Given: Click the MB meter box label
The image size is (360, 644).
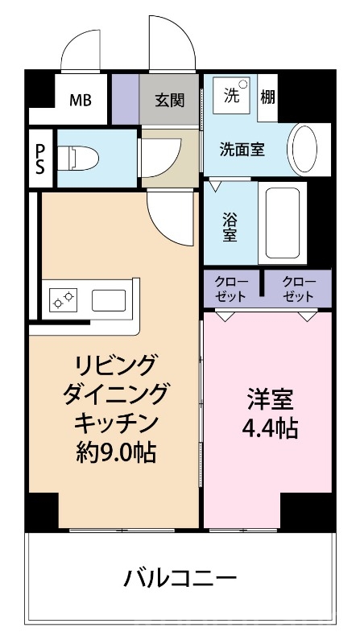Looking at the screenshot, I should point(80,101).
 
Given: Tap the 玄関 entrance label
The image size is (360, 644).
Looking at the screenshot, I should point(169,101).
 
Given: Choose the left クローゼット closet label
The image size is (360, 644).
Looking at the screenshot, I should point(231,289).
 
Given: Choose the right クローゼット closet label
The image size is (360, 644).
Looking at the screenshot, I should point(298,289).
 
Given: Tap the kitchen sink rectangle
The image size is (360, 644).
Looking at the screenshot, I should point(109,301).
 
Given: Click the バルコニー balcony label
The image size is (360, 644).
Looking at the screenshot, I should point(180,577).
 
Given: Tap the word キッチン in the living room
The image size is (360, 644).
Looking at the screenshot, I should point(115,423).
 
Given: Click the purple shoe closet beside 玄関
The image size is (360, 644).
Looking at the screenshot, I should point(125,101).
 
